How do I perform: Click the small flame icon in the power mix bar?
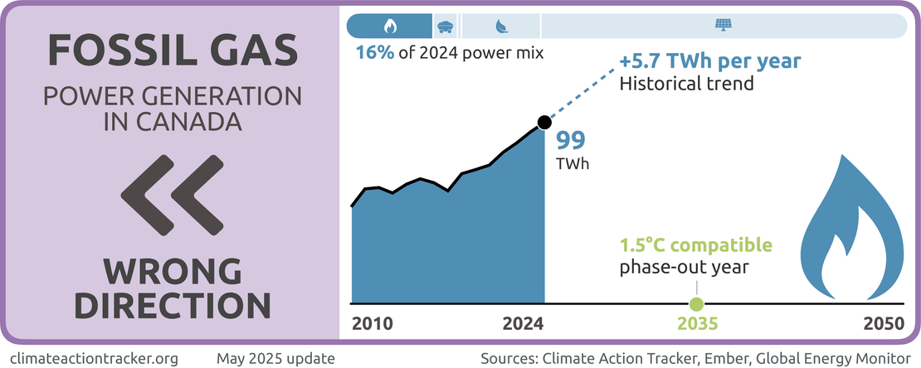[x=390, y=27]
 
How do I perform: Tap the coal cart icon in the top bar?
[x=446, y=27]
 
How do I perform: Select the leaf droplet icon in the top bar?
[x=502, y=27]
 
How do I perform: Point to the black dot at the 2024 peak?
[x=543, y=123]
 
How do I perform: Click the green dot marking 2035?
[x=696, y=303]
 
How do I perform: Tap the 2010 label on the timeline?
[x=373, y=323]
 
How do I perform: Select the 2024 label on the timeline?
[x=524, y=323]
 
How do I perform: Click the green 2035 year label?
[x=696, y=323]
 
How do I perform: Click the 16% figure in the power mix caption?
[x=374, y=53]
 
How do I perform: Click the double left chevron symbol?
[x=172, y=196]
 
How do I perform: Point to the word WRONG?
[x=173, y=270]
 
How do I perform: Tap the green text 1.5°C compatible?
[x=696, y=246]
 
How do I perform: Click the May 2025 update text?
[x=275, y=359]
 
